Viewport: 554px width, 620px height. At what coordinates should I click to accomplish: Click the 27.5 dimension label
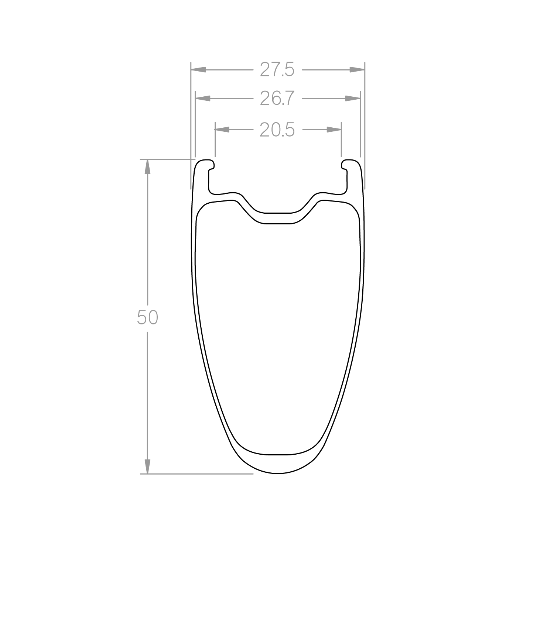[277, 69]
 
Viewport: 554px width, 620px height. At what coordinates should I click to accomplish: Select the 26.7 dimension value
[277, 99]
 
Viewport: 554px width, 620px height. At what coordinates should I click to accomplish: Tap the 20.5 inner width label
[277, 130]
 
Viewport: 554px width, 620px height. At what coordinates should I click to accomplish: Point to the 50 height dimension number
[147, 317]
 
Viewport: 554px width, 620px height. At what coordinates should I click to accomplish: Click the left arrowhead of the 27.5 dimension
[198, 69]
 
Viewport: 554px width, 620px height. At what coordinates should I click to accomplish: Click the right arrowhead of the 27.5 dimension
[357, 69]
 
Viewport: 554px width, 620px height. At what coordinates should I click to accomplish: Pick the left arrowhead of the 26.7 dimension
[203, 99]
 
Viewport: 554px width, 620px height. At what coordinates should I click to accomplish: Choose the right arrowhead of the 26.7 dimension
[353, 99]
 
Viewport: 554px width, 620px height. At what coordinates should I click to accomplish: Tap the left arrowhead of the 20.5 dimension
[222, 130]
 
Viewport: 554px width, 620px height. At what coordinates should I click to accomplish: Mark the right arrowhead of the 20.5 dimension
[334, 130]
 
